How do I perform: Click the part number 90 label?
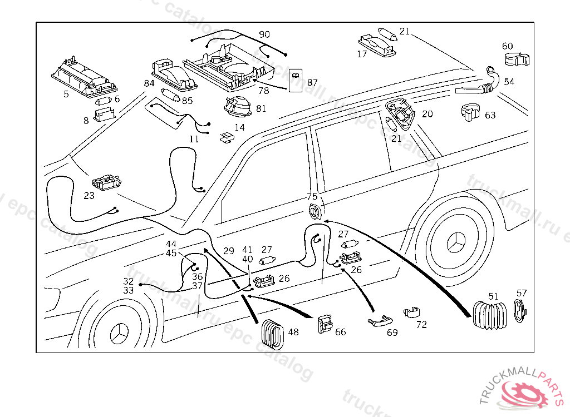coord(264,35)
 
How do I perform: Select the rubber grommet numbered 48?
coord(273,332)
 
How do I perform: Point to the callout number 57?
coord(522,293)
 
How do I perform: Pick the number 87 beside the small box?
coord(312,82)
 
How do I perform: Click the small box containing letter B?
coord(296,81)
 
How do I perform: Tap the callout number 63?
coord(490,115)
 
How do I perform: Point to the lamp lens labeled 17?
coord(377,44)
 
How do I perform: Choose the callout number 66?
coord(340,332)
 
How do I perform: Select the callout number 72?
coord(421,325)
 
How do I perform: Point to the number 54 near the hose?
coord(509,82)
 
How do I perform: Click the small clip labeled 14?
coord(227,137)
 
